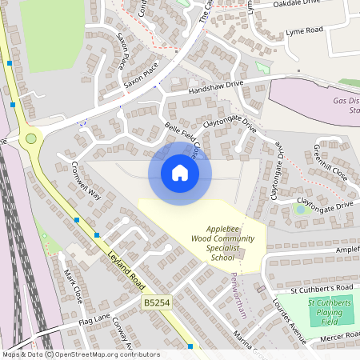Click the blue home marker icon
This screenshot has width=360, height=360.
tap(180, 173)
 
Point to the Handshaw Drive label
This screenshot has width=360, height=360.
tap(215, 87)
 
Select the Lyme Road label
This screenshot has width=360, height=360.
tap(304, 31)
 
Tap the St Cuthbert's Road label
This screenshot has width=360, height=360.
tap(322, 287)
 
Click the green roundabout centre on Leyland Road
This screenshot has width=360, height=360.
tap(31, 138)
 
